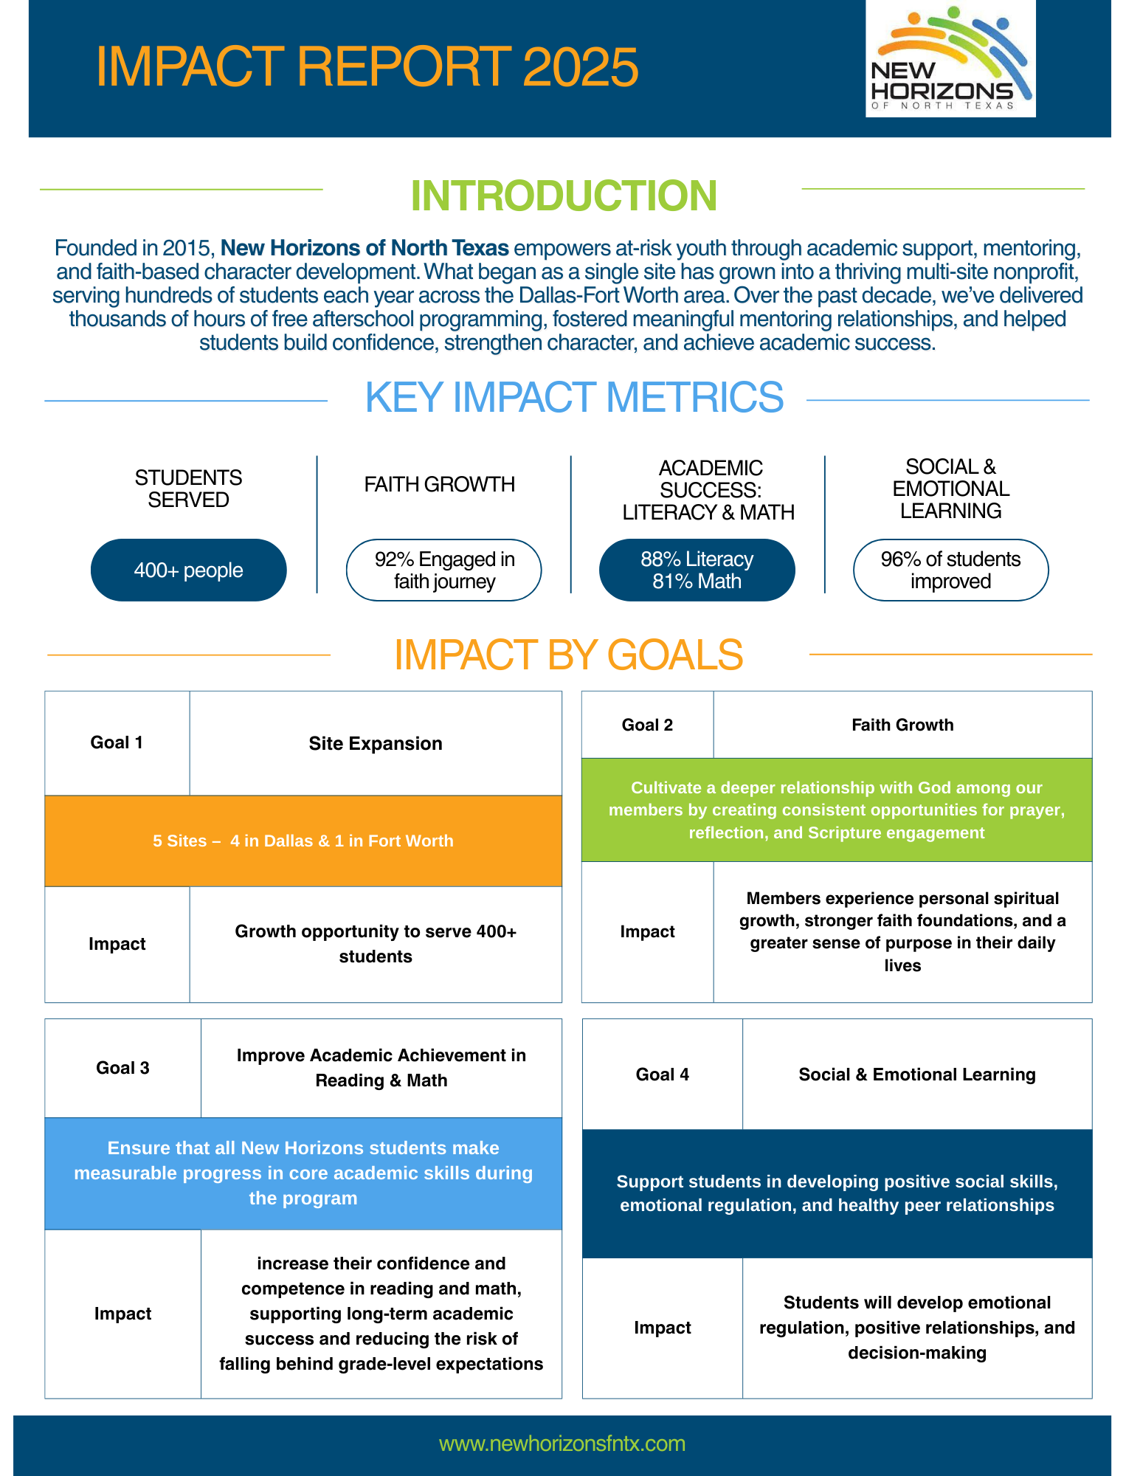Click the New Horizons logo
click(x=950, y=59)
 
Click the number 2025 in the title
click(x=580, y=67)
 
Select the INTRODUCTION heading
click(x=564, y=196)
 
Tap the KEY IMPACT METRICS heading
click(x=574, y=397)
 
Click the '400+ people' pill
click(x=188, y=570)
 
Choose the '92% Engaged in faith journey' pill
click(x=444, y=570)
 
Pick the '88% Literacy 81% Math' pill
click(x=697, y=570)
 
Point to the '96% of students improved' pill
click(x=950, y=570)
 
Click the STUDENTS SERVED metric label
click(x=188, y=489)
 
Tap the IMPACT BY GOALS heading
click(x=568, y=655)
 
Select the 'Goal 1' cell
click(x=117, y=742)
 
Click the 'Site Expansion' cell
click(x=376, y=743)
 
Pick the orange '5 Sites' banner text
click(x=303, y=841)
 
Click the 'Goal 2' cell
click(x=647, y=725)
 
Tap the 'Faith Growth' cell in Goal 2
click(x=902, y=725)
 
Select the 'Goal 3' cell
click(x=122, y=1068)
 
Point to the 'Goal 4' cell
click(x=662, y=1075)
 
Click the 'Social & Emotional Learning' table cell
click(x=917, y=1075)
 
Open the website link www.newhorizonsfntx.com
click(x=562, y=1444)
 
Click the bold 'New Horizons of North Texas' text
click(x=365, y=248)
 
